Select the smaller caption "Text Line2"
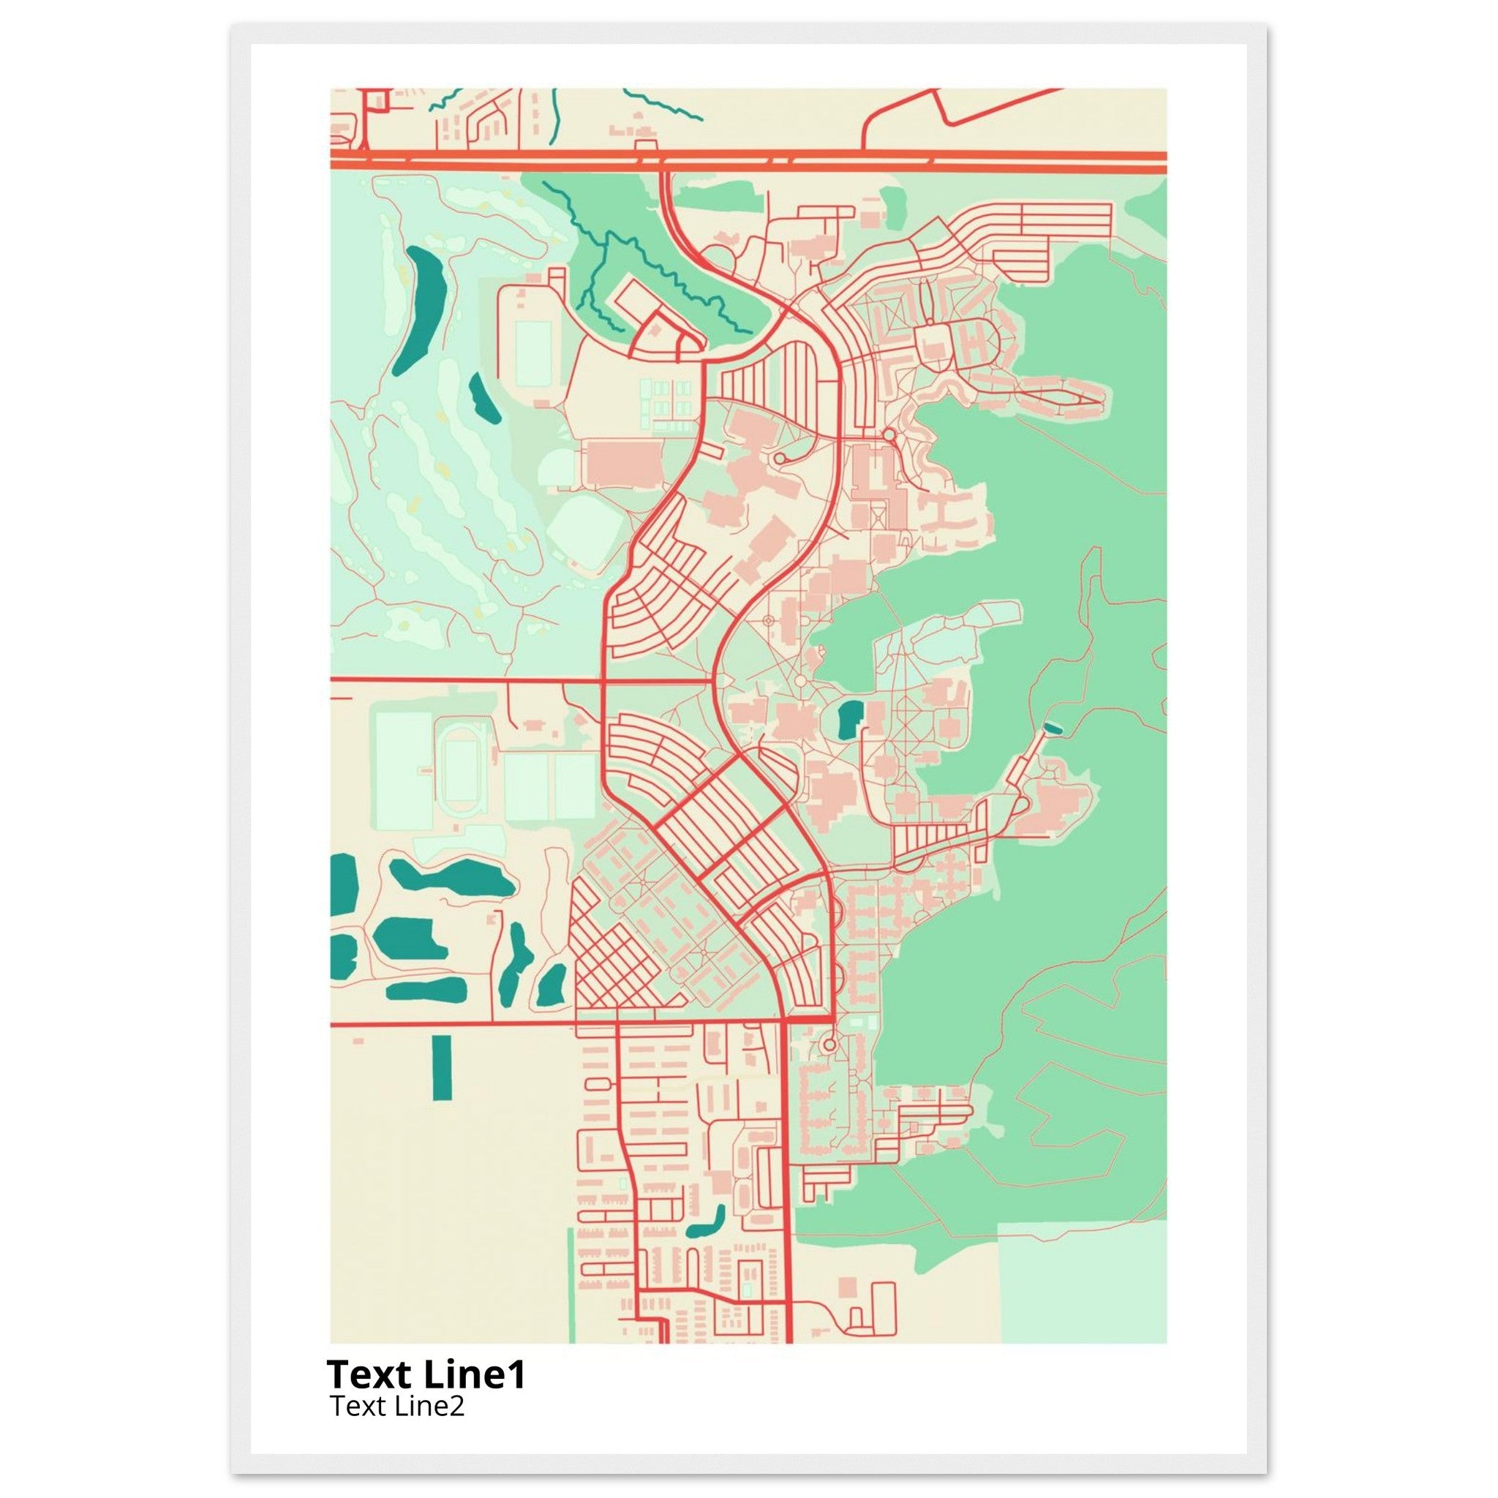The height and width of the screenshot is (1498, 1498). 396,1405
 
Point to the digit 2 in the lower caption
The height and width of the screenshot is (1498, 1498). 456,1405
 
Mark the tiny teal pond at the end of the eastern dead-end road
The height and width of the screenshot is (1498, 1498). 1052,726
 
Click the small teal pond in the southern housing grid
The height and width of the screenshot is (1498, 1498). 707,1224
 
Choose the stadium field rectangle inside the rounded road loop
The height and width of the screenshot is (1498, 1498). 533,354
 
